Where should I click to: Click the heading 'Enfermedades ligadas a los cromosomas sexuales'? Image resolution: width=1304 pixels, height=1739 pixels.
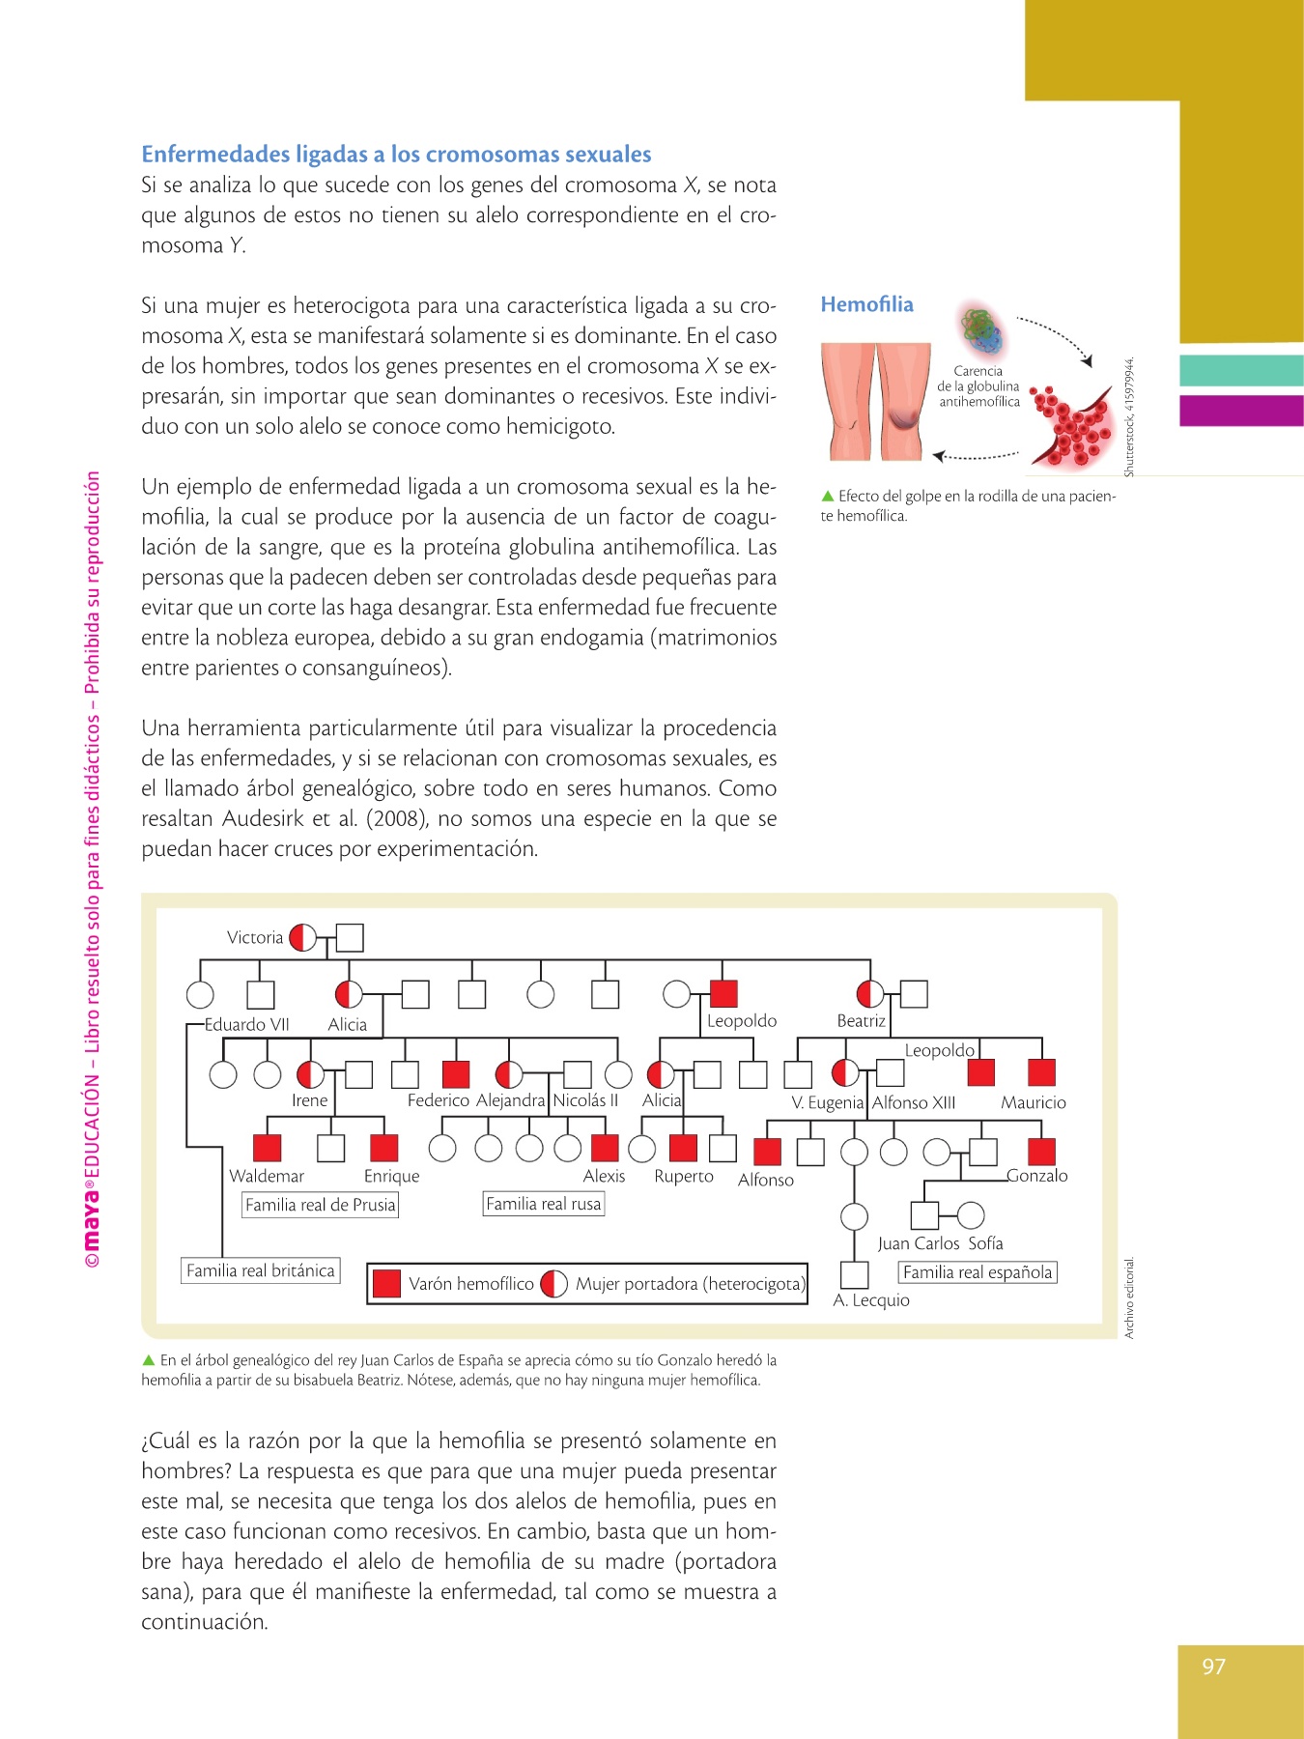click(396, 155)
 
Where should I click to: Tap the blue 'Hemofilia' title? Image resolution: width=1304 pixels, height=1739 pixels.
click(866, 304)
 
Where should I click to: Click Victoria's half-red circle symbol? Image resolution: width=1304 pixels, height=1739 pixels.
click(302, 937)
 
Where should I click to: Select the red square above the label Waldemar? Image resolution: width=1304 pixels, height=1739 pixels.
click(267, 1147)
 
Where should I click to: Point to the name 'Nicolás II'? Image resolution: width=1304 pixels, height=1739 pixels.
click(585, 1100)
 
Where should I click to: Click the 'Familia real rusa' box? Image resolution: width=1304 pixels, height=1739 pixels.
click(544, 1204)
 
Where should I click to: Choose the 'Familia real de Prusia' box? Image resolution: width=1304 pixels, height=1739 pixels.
click(320, 1205)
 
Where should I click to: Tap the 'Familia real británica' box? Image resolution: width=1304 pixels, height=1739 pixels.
click(261, 1270)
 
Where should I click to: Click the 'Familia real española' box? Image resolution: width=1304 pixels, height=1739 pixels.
click(978, 1272)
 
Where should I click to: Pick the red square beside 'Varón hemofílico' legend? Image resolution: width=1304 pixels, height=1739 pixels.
click(386, 1283)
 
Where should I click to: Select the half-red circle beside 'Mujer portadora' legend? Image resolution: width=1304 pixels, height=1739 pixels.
click(554, 1283)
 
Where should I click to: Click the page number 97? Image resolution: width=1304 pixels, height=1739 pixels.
click(1213, 1667)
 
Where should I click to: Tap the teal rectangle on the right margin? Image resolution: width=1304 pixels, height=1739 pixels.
click(1241, 371)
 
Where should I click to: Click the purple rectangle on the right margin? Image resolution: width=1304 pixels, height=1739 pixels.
click(1241, 411)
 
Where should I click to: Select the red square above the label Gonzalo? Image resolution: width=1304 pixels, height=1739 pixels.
click(1041, 1152)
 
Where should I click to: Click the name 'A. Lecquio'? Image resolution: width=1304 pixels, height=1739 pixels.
click(871, 1300)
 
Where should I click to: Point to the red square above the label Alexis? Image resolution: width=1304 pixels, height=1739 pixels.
click(605, 1147)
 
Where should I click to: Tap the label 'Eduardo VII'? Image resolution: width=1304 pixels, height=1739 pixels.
click(246, 1024)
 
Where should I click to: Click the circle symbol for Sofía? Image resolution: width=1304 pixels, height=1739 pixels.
click(971, 1215)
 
